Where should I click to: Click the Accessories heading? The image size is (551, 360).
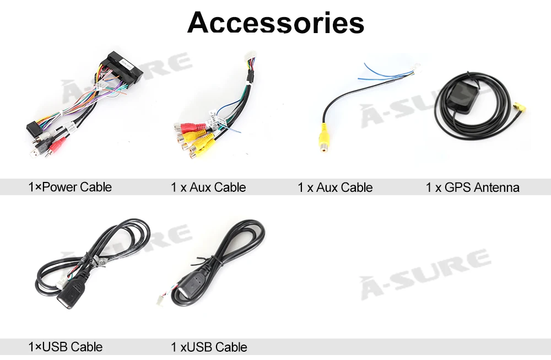point(276,23)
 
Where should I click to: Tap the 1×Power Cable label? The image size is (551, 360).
point(70,187)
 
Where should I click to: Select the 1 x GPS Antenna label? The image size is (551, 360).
point(473,187)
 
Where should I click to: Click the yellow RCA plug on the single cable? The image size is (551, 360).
point(324,138)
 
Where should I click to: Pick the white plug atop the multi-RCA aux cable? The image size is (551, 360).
point(251,57)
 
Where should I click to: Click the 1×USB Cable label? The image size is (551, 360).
point(66,347)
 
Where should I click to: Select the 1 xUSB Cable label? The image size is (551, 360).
point(209,347)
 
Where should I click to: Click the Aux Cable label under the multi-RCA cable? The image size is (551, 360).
point(218,187)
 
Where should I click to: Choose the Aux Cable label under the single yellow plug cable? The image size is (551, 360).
point(344,187)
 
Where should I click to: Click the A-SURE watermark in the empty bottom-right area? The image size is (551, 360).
point(425,274)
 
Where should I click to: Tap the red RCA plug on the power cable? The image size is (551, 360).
point(58,144)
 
